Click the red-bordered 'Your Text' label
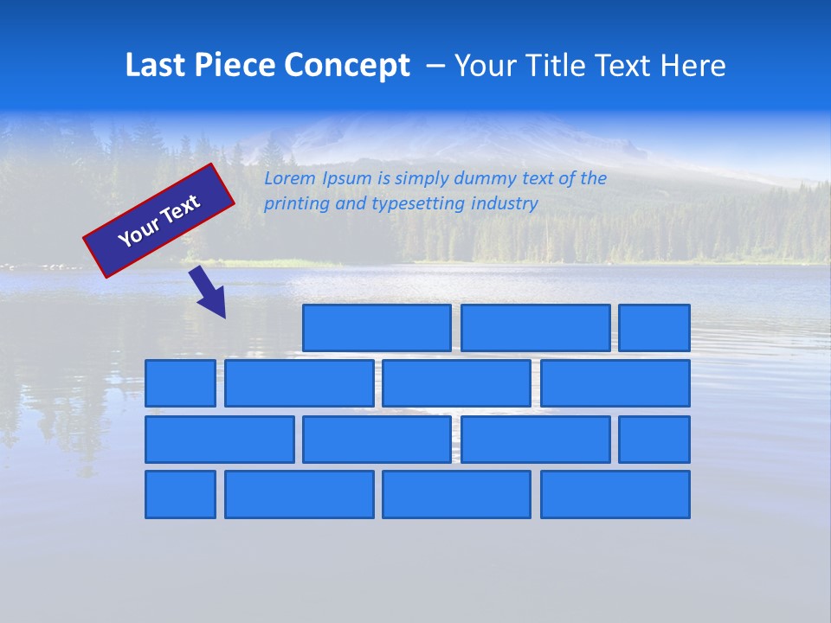point(158,221)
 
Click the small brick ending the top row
point(654,328)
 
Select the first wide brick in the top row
point(377,328)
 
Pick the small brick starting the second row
point(180,383)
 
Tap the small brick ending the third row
point(654,440)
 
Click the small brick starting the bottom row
point(180,495)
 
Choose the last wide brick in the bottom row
point(615,495)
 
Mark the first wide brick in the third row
point(219,440)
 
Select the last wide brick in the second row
point(615,383)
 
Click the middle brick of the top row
point(535,328)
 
